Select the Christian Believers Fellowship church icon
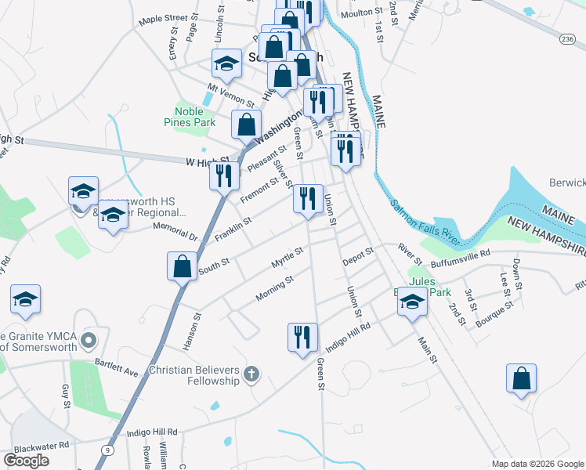click(251, 374)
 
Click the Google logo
click(27, 461)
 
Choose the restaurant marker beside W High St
click(224, 176)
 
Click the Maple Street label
click(163, 18)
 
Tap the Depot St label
click(357, 255)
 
